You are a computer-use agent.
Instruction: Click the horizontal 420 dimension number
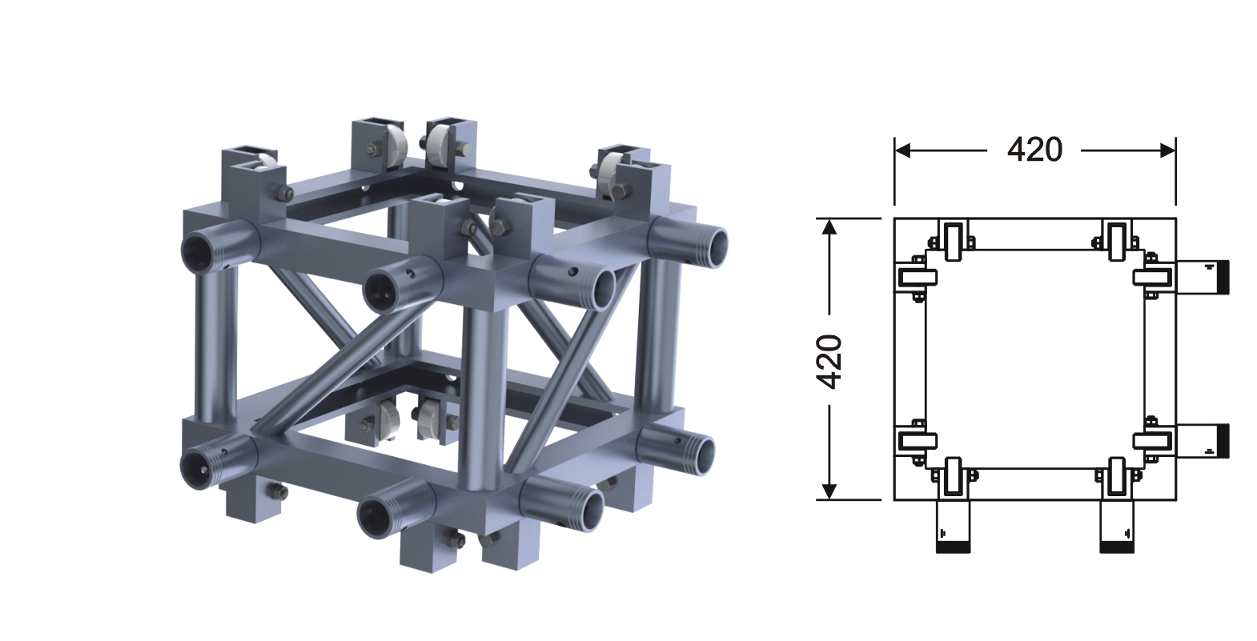(1034, 150)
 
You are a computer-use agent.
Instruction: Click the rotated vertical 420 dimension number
(829, 362)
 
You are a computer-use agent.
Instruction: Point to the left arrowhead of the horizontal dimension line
(902, 150)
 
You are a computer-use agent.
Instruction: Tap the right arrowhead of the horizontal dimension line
(1168, 150)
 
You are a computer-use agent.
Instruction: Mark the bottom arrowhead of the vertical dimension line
(829, 491)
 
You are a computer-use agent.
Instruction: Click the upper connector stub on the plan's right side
(1202, 277)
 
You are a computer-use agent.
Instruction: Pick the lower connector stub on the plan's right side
(1202, 441)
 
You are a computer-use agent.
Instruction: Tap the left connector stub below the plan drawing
(953, 526)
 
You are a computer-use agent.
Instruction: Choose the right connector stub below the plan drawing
(1117, 526)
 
